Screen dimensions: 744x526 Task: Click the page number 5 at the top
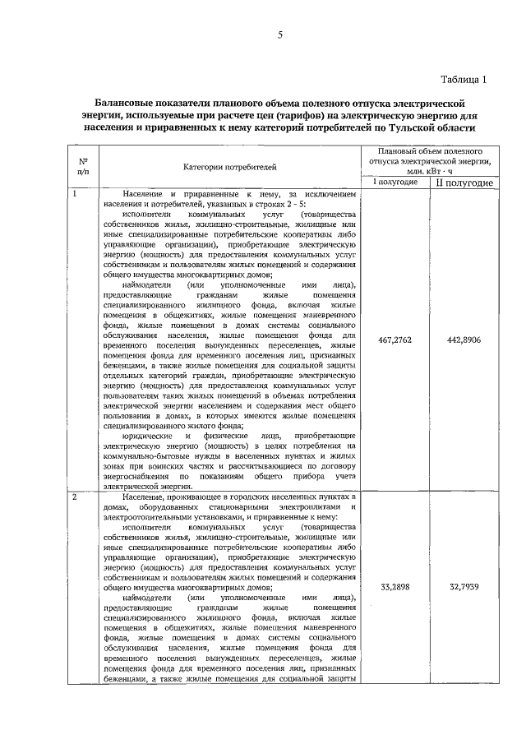pos(280,35)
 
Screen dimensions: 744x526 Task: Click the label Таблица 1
pos(464,80)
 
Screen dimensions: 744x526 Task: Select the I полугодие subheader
pos(392,182)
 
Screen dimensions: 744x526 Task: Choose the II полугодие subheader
pos(464,183)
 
